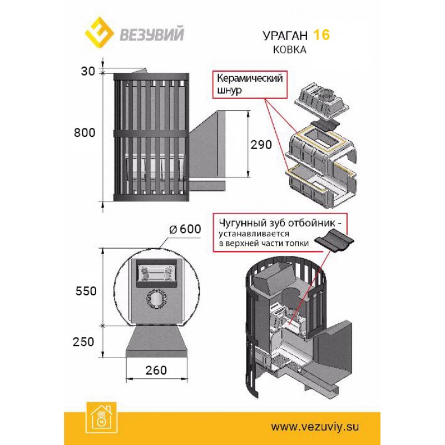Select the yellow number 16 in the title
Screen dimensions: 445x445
coord(321,35)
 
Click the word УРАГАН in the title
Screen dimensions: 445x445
coord(285,36)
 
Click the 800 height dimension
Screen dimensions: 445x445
coord(85,132)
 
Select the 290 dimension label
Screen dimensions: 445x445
coord(260,145)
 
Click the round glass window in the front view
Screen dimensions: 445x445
coord(156,298)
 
